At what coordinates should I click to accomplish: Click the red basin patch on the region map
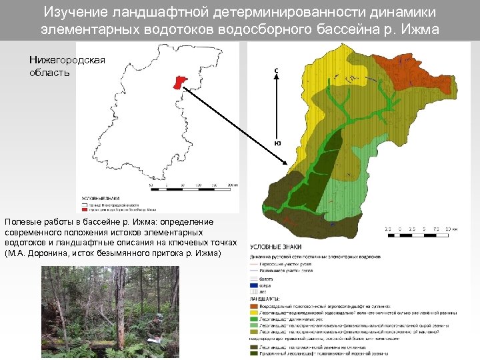[179, 81]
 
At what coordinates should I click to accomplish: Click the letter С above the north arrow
[275, 69]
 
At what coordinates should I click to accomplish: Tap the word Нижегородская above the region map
[67, 60]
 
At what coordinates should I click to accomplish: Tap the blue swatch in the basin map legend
[254, 285]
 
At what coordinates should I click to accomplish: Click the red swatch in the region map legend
[85, 209]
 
